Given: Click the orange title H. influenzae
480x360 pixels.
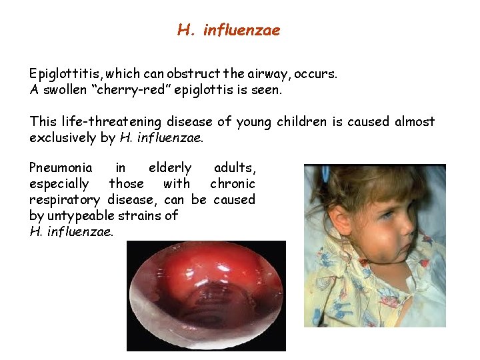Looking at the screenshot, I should (x=229, y=30).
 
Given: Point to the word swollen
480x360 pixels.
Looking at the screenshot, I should (x=64, y=88).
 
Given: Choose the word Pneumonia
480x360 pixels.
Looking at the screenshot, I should (x=61, y=167).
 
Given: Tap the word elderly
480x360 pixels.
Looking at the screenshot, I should (x=169, y=167).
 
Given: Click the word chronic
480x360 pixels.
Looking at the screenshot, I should (x=232, y=183).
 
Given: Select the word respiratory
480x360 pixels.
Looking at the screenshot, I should (x=65, y=199).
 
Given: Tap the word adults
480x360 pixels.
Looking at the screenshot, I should (x=234, y=167).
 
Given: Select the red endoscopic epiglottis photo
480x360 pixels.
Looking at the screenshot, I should (x=206, y=295).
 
